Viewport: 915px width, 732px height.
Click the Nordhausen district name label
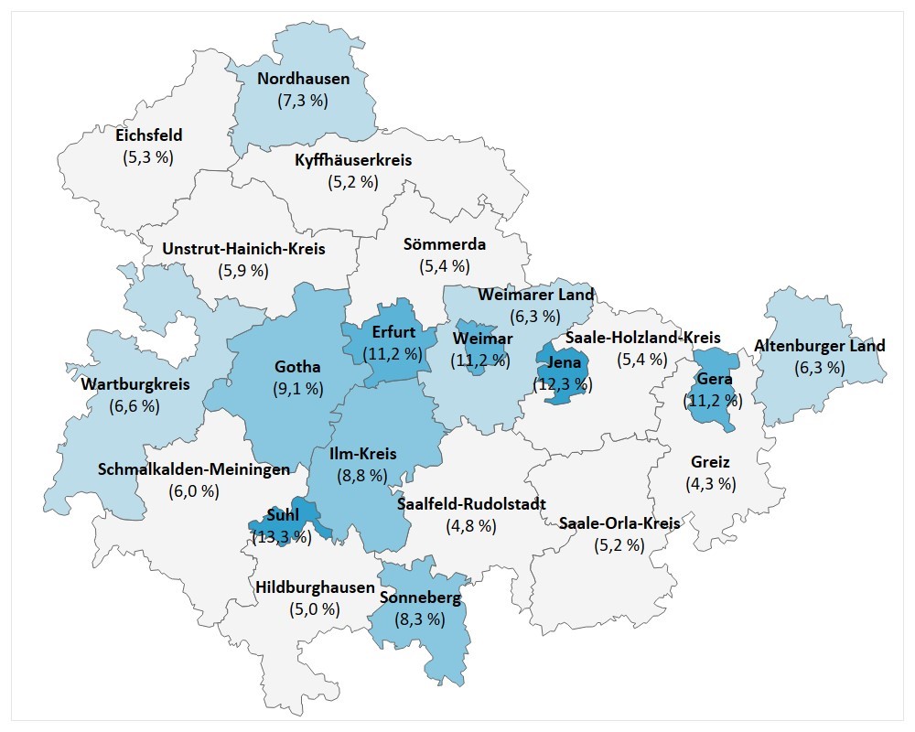[303, 79]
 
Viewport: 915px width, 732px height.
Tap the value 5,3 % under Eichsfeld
[148, 156]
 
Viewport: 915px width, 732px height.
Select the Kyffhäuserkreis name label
[353, 160]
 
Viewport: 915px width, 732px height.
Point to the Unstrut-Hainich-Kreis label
[243, 248]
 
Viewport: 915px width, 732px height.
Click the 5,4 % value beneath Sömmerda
[444, 266]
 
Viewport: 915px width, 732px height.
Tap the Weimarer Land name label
[536, 295]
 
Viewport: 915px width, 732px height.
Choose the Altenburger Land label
[819, 346]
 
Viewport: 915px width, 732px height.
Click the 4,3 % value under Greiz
[710, 483]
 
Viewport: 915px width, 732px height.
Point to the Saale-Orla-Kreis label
[619, 523]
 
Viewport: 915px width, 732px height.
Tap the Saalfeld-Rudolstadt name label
[471, 503]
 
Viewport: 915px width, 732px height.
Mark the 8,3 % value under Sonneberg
[419, 619]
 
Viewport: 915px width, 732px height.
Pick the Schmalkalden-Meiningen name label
[193, 469]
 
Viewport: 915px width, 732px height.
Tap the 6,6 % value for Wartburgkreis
[135, 405]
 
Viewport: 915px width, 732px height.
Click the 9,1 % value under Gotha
[298, 389]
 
